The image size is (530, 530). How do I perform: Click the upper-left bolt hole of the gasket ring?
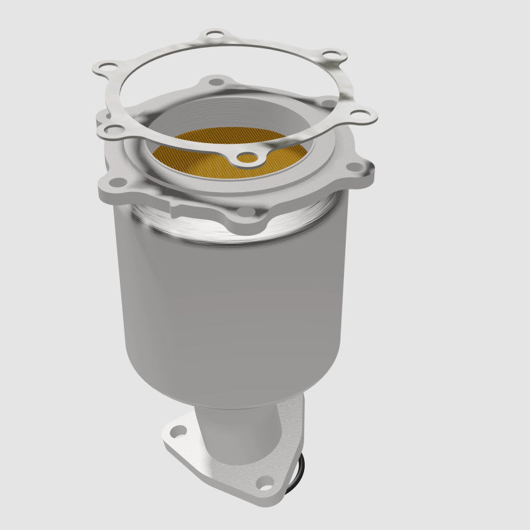[105, 66]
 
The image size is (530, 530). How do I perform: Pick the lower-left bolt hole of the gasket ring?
[113, 130]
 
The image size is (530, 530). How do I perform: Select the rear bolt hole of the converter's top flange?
[213, 82]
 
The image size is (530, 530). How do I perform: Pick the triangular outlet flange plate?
[219, 464]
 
